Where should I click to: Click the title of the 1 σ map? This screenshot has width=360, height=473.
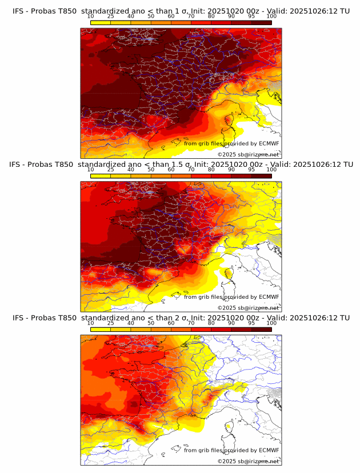(x=181, y=11)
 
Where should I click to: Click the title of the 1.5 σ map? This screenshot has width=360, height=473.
(x=181, y=164)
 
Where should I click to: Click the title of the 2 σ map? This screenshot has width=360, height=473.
(x=181, y=318)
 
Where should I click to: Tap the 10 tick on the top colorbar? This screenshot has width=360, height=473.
(x=91, y=17)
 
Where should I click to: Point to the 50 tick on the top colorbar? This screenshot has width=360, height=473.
(x=151, y=17)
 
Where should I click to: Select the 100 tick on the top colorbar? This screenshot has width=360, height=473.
(x=271, y=17)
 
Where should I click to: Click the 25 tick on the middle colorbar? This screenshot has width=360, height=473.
(x=110, y=170)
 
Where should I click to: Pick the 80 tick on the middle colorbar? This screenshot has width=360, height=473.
(x=211, y=170)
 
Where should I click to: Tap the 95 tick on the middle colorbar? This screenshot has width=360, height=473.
(x=251, y=170)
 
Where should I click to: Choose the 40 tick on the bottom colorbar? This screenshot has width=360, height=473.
(x=131, y=323)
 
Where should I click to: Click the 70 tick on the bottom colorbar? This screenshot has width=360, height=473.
(x=191, y=323)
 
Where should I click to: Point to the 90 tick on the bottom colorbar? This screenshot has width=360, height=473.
(x=231, y=323)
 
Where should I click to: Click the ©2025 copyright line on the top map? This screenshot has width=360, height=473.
(x=249, y=154)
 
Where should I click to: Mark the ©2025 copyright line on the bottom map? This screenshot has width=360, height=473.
(x=249, y=461)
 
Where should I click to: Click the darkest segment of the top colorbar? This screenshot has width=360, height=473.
(x=261, y=22)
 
